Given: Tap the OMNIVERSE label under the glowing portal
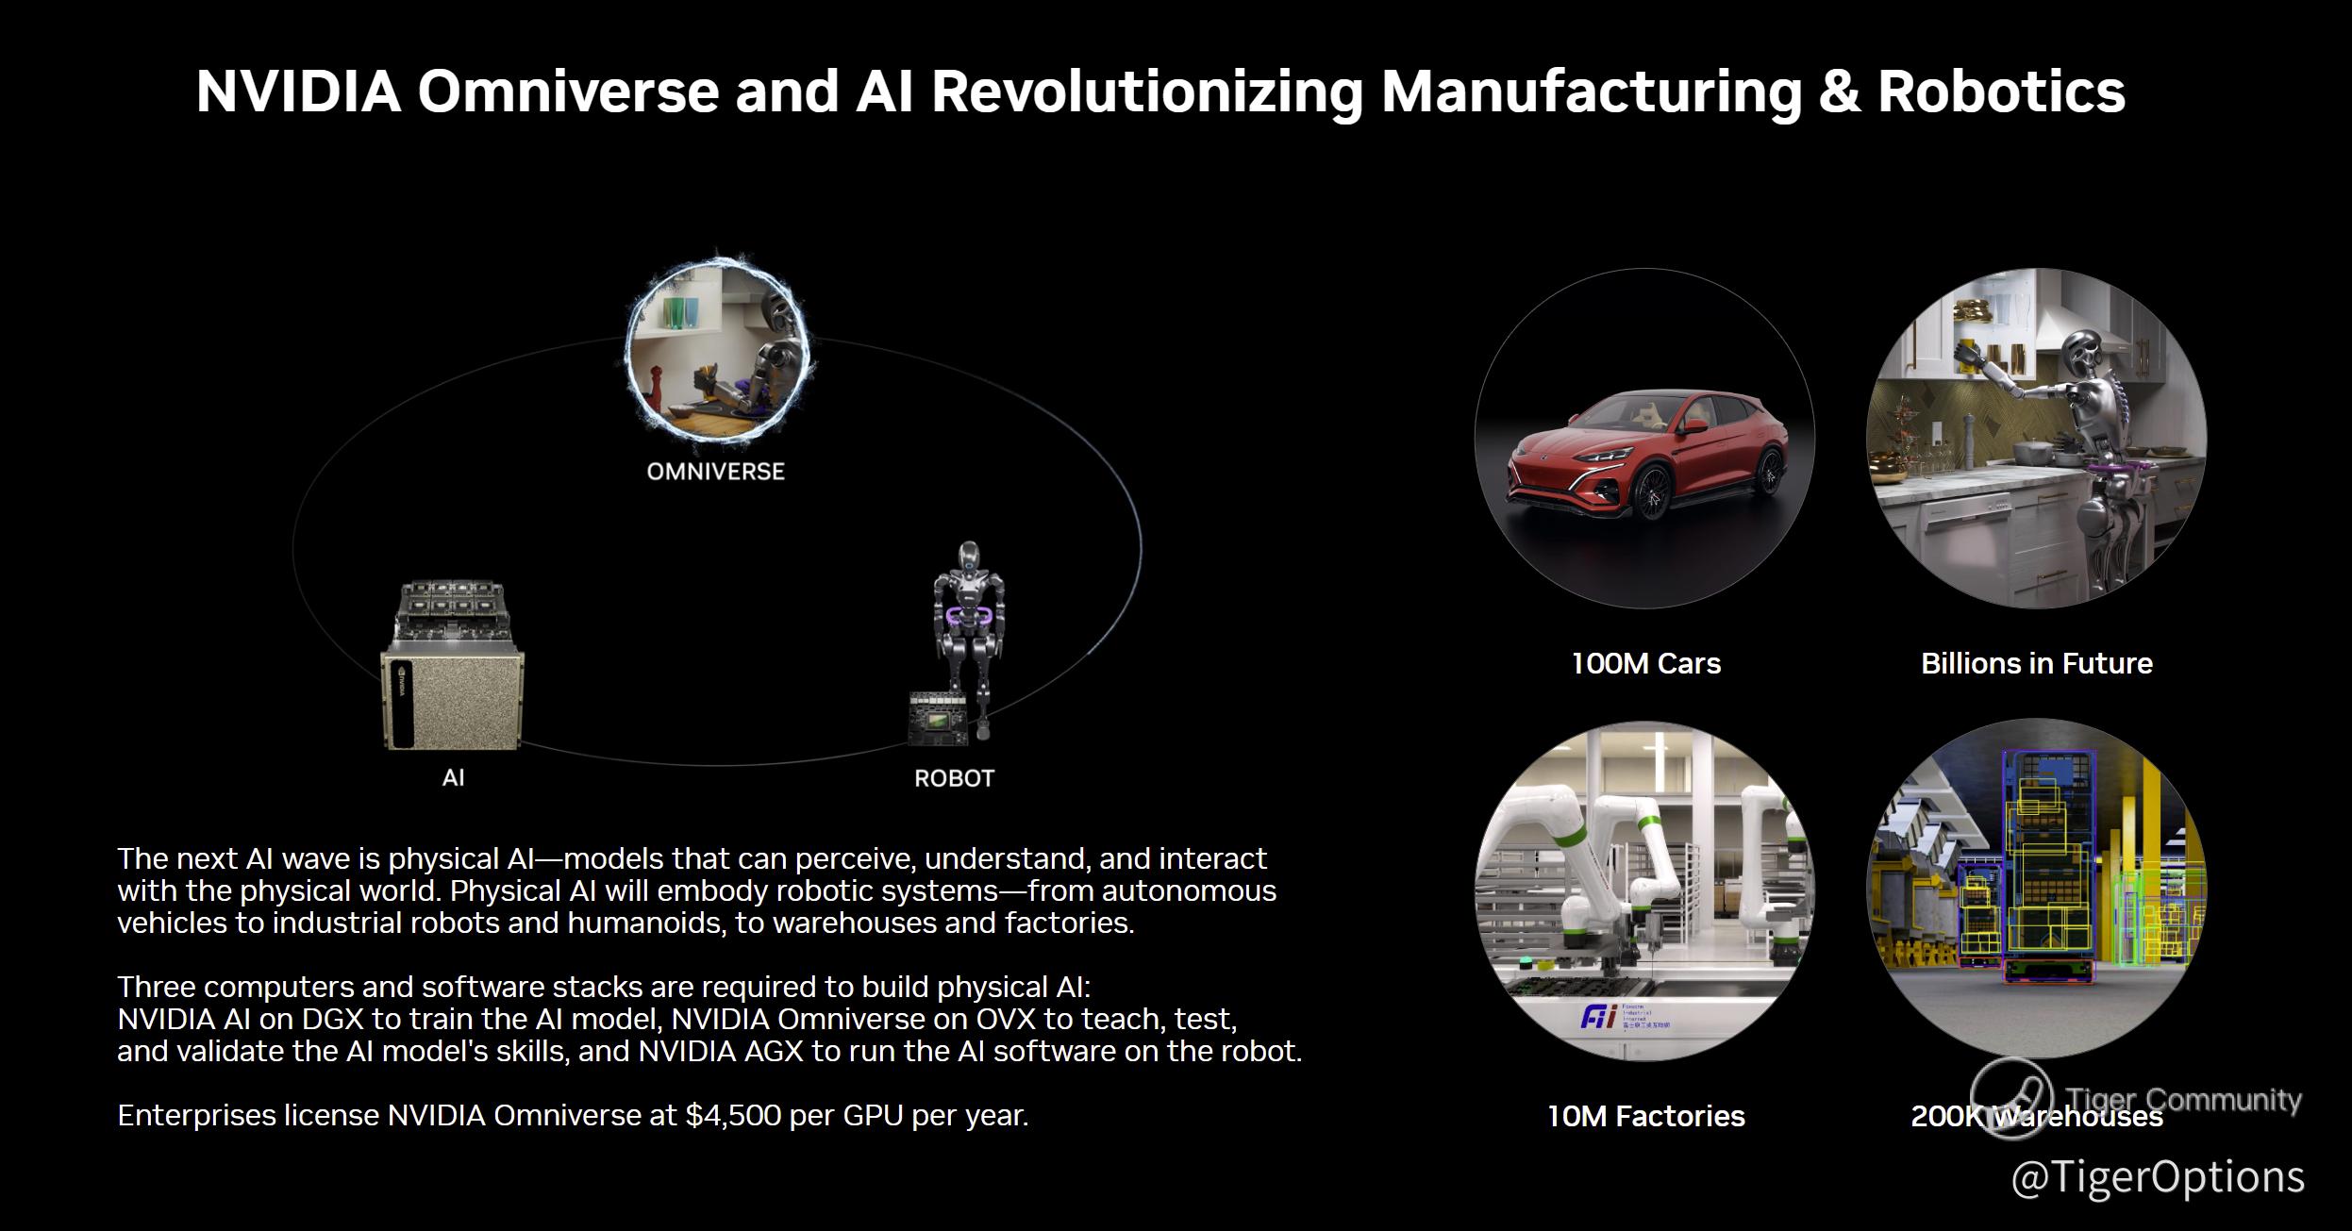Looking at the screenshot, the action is coord(716,472).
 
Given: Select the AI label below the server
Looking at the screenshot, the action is coord(453,778).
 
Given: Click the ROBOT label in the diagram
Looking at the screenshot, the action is coord(954,778).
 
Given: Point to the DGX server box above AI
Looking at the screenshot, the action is coord(452,665).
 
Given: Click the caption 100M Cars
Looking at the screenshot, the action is coord(1646,663).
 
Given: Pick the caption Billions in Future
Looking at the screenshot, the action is coord(2037,663).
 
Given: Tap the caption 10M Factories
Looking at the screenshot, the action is coord(1646,1116).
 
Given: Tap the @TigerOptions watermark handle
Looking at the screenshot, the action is coord(2158,1177).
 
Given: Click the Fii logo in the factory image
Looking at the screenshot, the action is coord(1598,1017).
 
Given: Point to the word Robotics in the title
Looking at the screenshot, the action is coord(2001,91).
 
